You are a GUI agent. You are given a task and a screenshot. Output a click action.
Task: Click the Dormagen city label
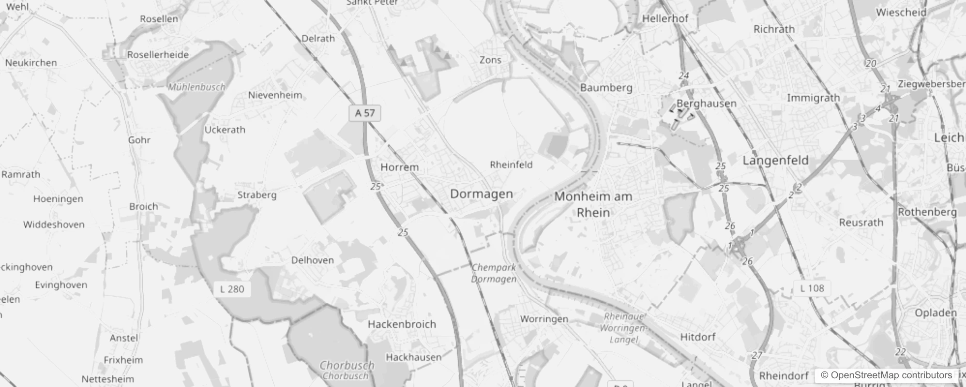tap(481, 194)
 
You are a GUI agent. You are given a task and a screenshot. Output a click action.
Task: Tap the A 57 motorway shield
tap(365, 113)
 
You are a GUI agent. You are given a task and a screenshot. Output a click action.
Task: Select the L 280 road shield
tap(232, 289)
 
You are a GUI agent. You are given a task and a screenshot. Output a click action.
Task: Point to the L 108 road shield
tap(812, 288)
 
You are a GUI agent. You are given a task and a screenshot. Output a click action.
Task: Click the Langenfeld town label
tap(775, 160)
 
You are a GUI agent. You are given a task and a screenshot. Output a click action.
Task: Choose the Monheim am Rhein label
tap(593, 204)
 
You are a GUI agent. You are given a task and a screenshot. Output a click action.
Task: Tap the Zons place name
tap(490, 60)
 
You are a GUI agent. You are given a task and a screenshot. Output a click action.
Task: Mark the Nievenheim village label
tap(275, 95)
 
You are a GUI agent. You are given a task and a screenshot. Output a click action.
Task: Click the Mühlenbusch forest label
tap(196, 88)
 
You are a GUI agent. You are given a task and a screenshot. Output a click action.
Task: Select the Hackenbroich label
tap(402, 324)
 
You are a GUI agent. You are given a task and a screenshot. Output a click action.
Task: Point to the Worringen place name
tap(544, 319)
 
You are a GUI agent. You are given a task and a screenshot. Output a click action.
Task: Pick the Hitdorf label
tap(697, 337)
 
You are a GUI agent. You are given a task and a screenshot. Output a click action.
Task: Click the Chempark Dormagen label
tap(494, 273)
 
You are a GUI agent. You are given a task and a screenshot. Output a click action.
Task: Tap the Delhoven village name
tap(312, 260)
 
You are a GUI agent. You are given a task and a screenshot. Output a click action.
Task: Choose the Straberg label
tap(257, 195)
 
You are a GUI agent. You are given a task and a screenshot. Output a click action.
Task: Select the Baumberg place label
tap(606, 88)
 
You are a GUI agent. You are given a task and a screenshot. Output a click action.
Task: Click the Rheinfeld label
tap(511, 165)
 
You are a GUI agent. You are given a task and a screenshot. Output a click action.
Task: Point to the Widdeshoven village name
tap(54, 224)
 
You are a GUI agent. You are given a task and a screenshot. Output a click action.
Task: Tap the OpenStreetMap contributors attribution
tap(886, 375)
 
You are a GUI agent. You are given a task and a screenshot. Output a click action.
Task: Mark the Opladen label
tap(936, 313)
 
